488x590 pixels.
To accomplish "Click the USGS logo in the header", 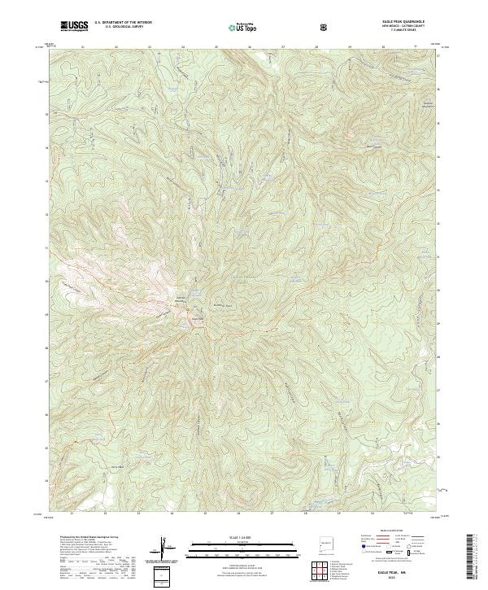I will point(73,26).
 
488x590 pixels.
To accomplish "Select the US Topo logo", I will point(244,27).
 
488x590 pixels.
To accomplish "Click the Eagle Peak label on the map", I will point(195,318).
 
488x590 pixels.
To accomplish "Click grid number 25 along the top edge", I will point(216,47).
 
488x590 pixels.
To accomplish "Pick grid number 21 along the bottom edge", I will point(72,514).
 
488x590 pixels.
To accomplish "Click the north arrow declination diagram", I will point(168,548).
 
